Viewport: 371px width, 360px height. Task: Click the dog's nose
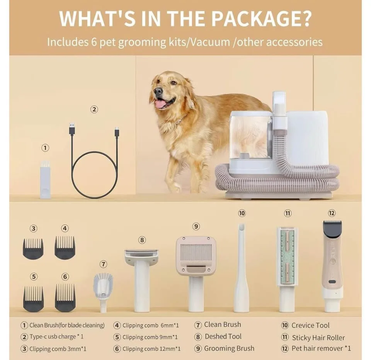click(158, 92)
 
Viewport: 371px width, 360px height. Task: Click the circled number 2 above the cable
click(94, 110)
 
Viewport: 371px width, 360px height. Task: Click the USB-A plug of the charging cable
click(72, 129)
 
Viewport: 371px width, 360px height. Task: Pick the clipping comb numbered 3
click(33, 248)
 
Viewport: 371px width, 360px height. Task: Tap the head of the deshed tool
click(141, 255)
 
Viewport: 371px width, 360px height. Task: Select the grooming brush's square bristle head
click(196, 255)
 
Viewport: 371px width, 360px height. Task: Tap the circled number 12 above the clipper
click(332, 213)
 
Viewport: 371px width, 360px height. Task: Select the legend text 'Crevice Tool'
click(310, 325)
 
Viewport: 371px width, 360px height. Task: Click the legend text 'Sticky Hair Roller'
click(318, 338)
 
